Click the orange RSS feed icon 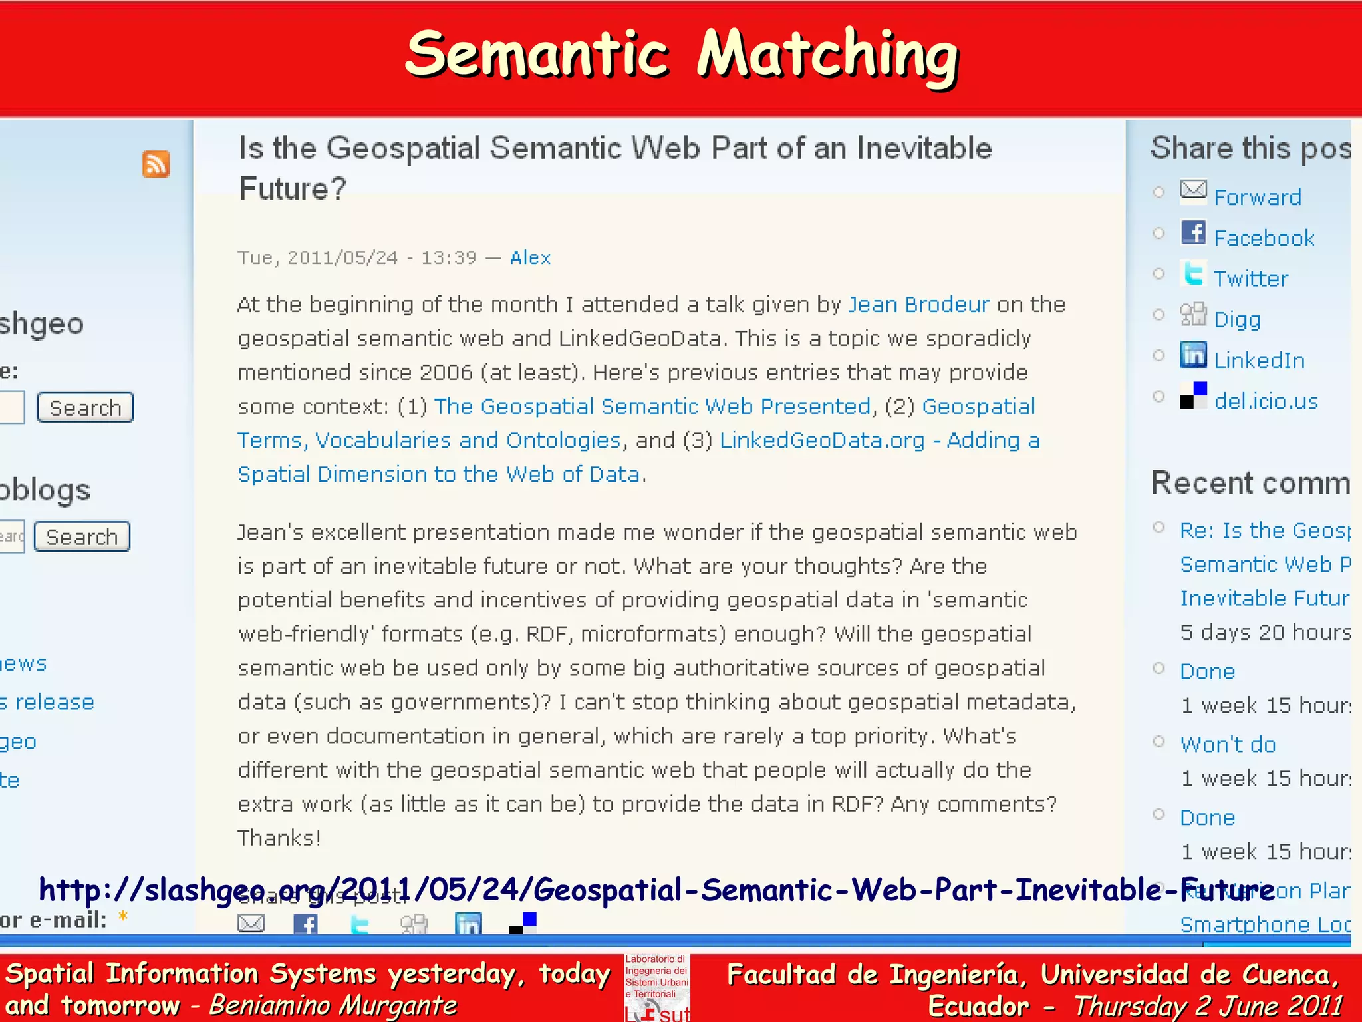156,164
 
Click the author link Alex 530,257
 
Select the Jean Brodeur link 918,305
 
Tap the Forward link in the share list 1257,198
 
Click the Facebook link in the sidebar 1264,238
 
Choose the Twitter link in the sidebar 1250,279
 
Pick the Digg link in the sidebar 1237,320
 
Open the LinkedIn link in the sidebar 1259,361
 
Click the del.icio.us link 1266,401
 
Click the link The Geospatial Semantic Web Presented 652,407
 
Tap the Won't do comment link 1228,744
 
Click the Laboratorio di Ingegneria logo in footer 657,987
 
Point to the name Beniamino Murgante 333,1005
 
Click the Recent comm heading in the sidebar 1250,483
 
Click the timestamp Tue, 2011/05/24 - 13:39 357,258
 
